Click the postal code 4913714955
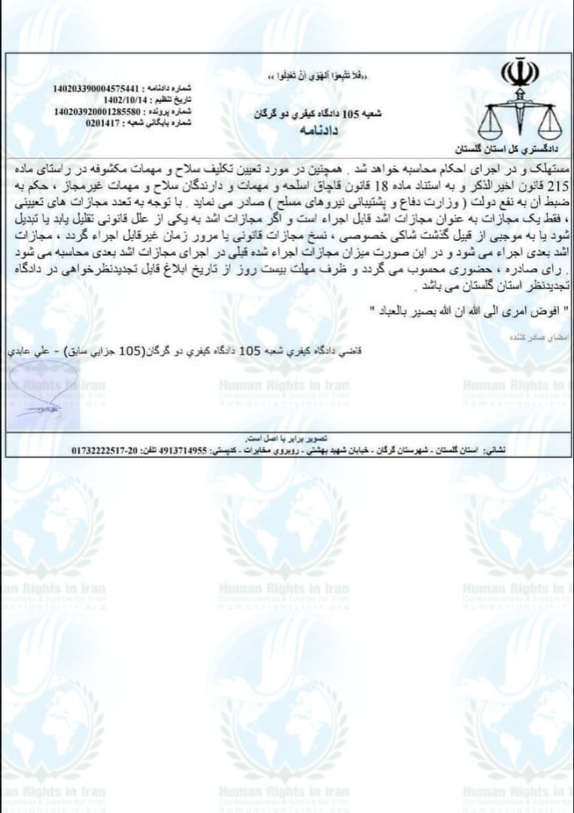[178, 449]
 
